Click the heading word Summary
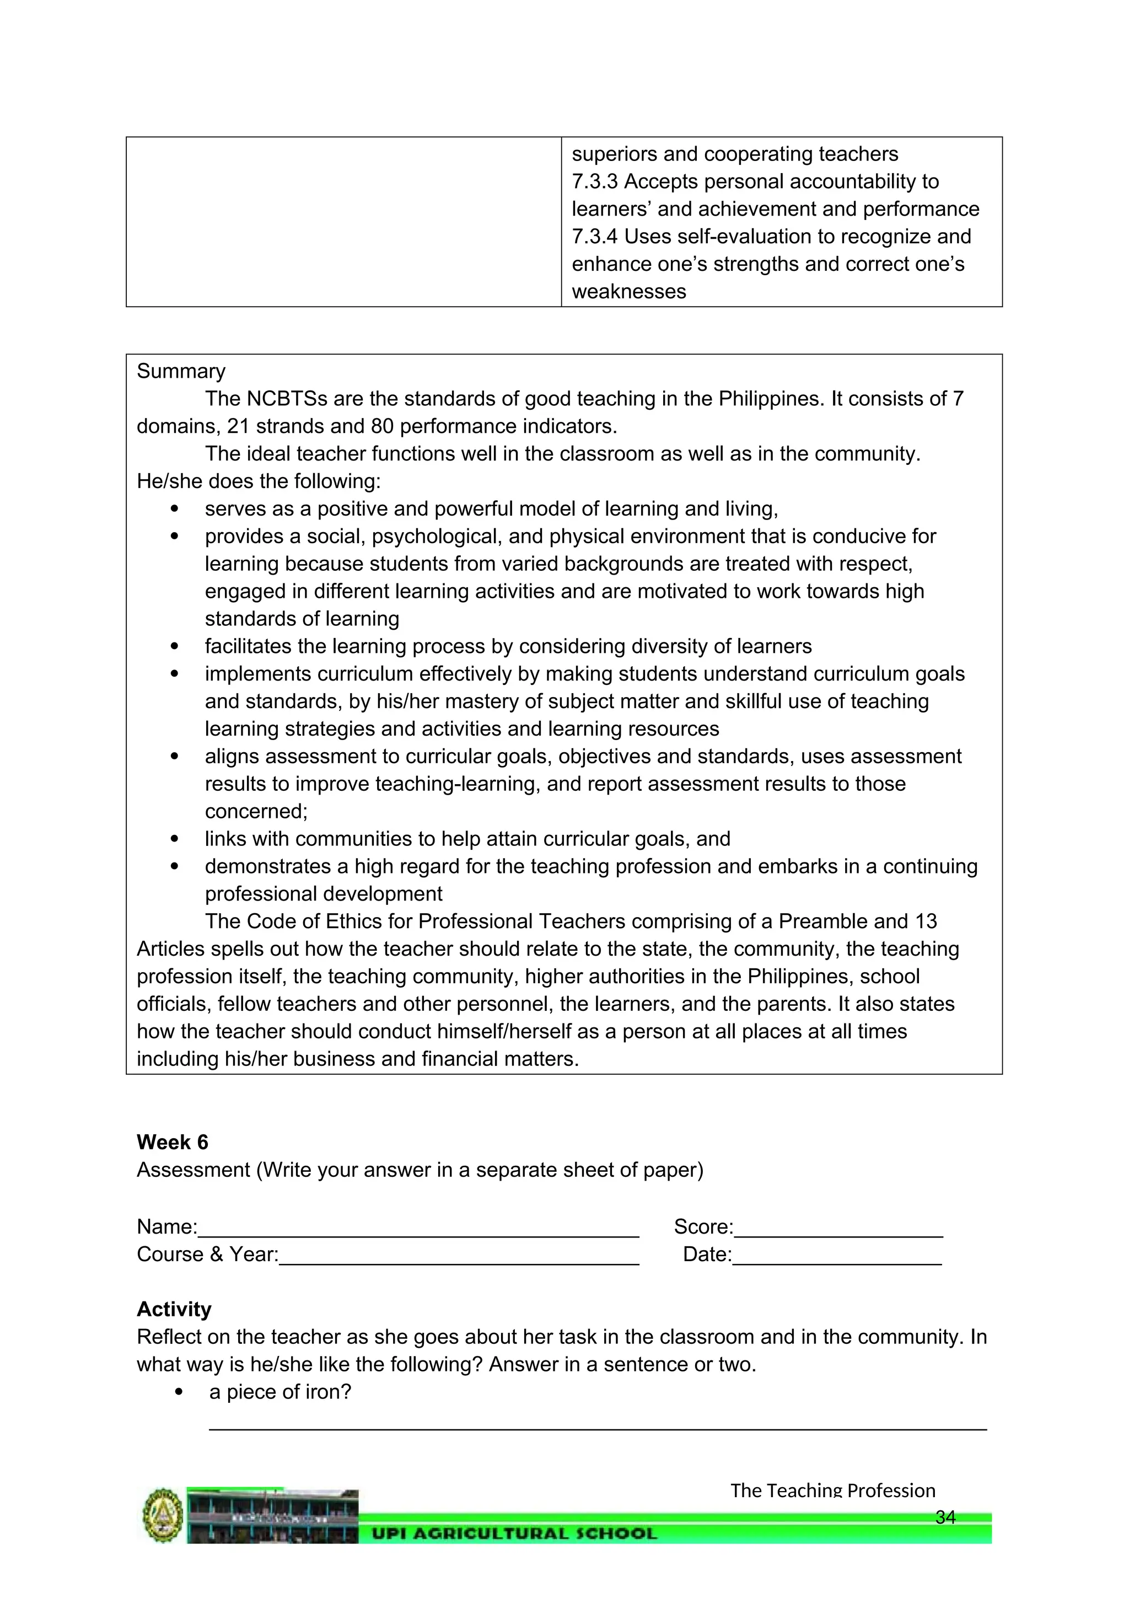[181, 372]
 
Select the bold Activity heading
[174, 1309]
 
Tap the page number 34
[945, 1517]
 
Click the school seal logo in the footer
[163, 1515]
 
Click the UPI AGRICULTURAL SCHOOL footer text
[514, 1534]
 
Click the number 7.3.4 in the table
[594, 237]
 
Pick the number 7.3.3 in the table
[594, 181]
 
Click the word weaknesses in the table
[628, 291]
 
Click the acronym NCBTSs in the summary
[287, 399]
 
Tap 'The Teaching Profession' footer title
[832, 1491]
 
